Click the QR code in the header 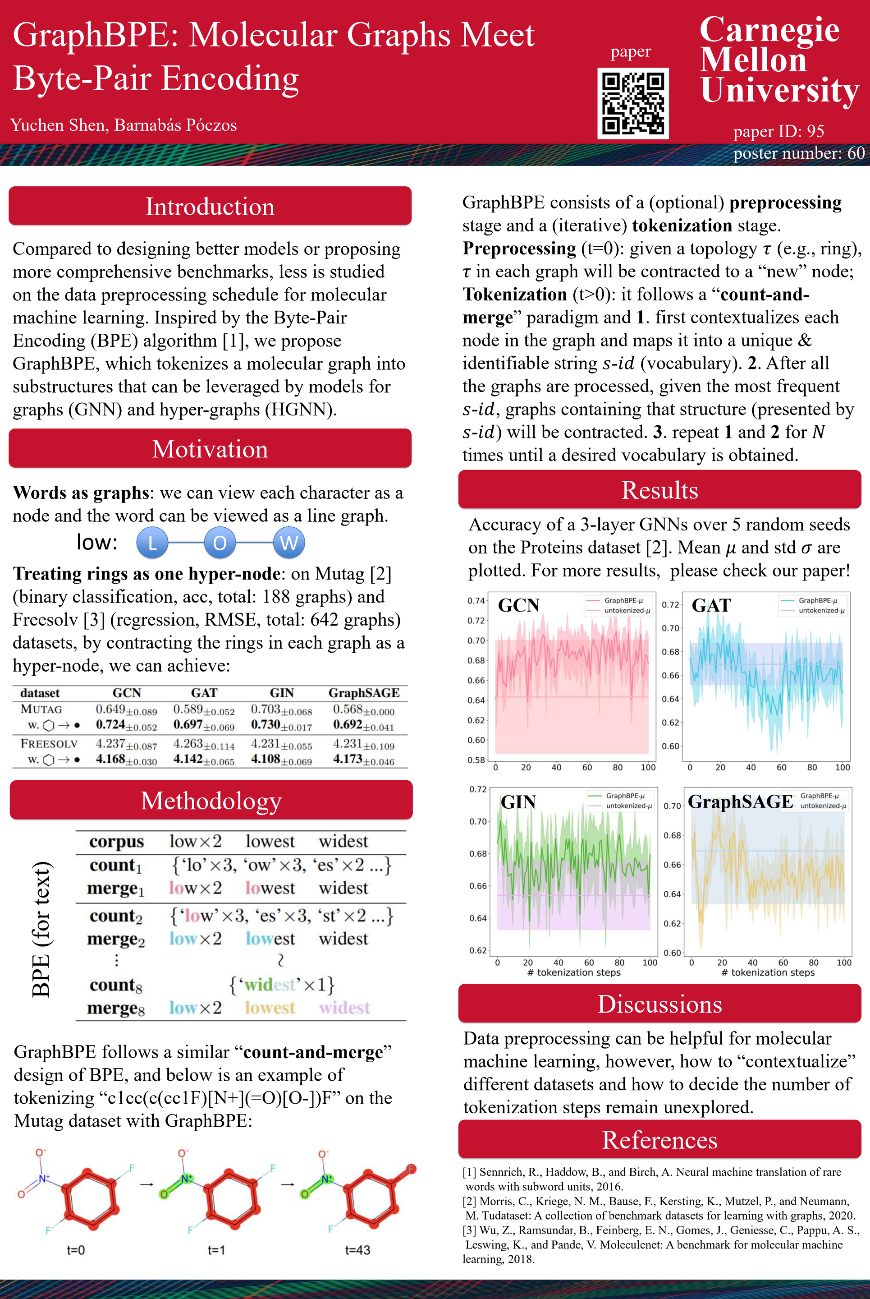[632, 103]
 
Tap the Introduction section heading [210, 207]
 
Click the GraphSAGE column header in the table [363, 693]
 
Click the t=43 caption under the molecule [357, 1250]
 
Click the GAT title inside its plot [711, 605]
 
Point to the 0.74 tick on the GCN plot [476, 601]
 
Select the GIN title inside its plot [518, 802]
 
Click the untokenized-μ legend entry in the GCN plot [627, 611]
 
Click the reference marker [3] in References [469, 1230]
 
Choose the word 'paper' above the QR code [630, 51]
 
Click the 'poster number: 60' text [798, 153]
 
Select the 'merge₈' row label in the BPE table [115, 1008]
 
